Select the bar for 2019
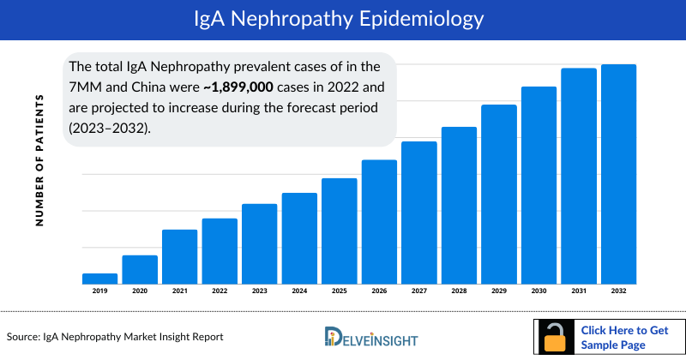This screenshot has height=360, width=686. click(x=99, y=279)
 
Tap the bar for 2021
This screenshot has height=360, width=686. click(x=179, y=256)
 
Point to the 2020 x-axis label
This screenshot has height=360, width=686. click(x=140, y=291)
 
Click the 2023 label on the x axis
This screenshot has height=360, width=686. click(x=259, y=291)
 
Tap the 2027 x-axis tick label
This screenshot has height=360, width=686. click(x=418, y=291)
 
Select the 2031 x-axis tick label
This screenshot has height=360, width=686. click(x=578, y=291)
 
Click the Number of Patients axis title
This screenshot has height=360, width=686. click(x=39, y=161)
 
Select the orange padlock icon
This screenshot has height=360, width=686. click(x=557, y=338)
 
